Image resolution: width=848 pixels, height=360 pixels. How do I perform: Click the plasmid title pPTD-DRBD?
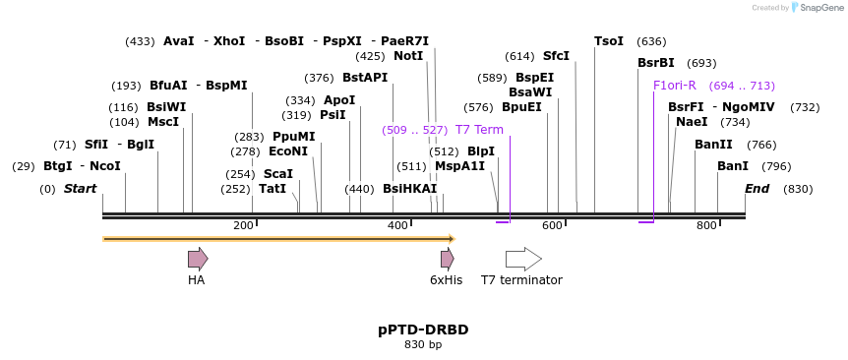[423, 330]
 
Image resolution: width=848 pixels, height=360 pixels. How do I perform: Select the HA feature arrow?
[198, 259]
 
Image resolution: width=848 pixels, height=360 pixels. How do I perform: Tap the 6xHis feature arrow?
[447, 259]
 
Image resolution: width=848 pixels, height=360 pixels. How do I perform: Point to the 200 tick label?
[243, 226]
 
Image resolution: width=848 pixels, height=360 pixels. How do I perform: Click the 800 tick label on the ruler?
[706, 226]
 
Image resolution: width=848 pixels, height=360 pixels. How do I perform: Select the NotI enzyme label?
[408, 56]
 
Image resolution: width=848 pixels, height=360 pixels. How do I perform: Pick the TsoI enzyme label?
[609, 41]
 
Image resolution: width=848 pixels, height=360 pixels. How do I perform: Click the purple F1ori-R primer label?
[675, 86]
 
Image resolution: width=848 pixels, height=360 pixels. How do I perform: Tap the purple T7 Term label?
[479, 130]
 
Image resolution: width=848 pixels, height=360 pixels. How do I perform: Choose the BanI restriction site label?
[733, 166]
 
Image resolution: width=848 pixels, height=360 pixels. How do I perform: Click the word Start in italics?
[81, 189]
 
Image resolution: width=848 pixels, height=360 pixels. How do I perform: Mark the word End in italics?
[757, 189]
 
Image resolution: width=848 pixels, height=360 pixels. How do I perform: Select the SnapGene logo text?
[819, 8]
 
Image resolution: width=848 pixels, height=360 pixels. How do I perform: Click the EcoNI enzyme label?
[288, 151]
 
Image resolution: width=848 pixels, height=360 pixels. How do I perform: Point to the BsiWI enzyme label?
[166, 107]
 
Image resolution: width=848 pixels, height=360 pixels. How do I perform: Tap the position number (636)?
[651, 41]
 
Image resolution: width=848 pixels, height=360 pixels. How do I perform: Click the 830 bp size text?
[423, 344]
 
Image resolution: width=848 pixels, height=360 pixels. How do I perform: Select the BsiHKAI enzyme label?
[409, 189]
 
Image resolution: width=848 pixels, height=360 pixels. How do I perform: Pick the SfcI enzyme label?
[556, 56]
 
